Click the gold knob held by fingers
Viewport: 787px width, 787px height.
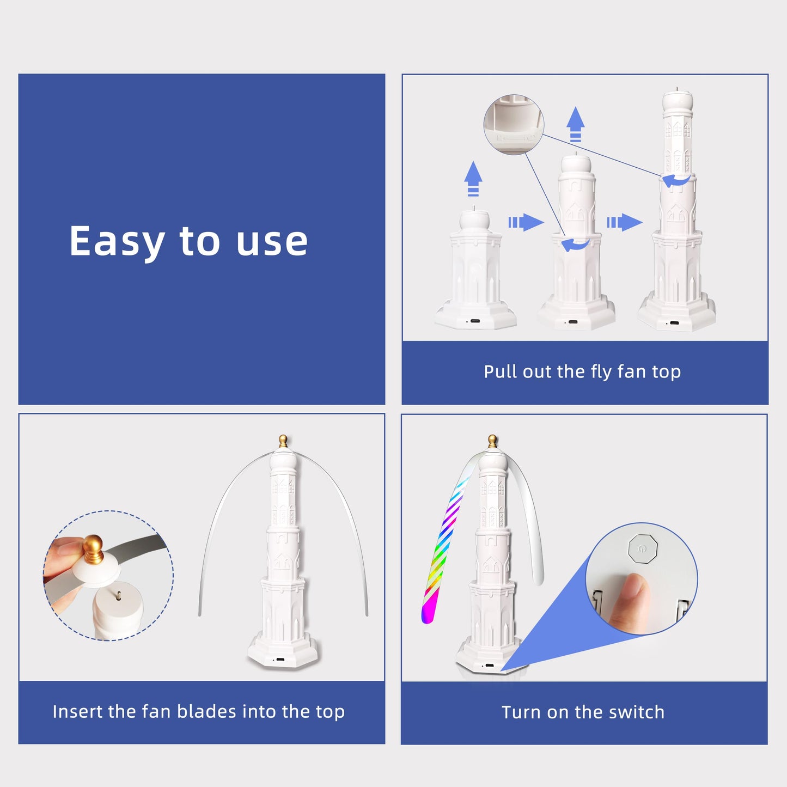click(x=94, y=550)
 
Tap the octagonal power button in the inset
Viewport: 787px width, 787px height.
click(x=642, y=549)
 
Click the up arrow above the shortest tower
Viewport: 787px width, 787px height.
click(x=473, y=179)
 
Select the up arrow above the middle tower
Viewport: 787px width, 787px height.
click(x=576, y=124)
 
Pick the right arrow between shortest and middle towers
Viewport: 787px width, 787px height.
click(x=526, y=222)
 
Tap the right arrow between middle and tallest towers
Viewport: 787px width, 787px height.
click(x=625, y=222)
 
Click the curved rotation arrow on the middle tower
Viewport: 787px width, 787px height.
click(x=576, y=245)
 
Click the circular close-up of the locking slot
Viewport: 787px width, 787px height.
click(x=514, y=125)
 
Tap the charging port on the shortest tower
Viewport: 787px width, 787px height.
click(x=474, y=321)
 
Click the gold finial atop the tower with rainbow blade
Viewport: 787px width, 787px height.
click(x=492, y=442)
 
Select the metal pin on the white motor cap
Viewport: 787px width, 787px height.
click(x=118, y=596)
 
